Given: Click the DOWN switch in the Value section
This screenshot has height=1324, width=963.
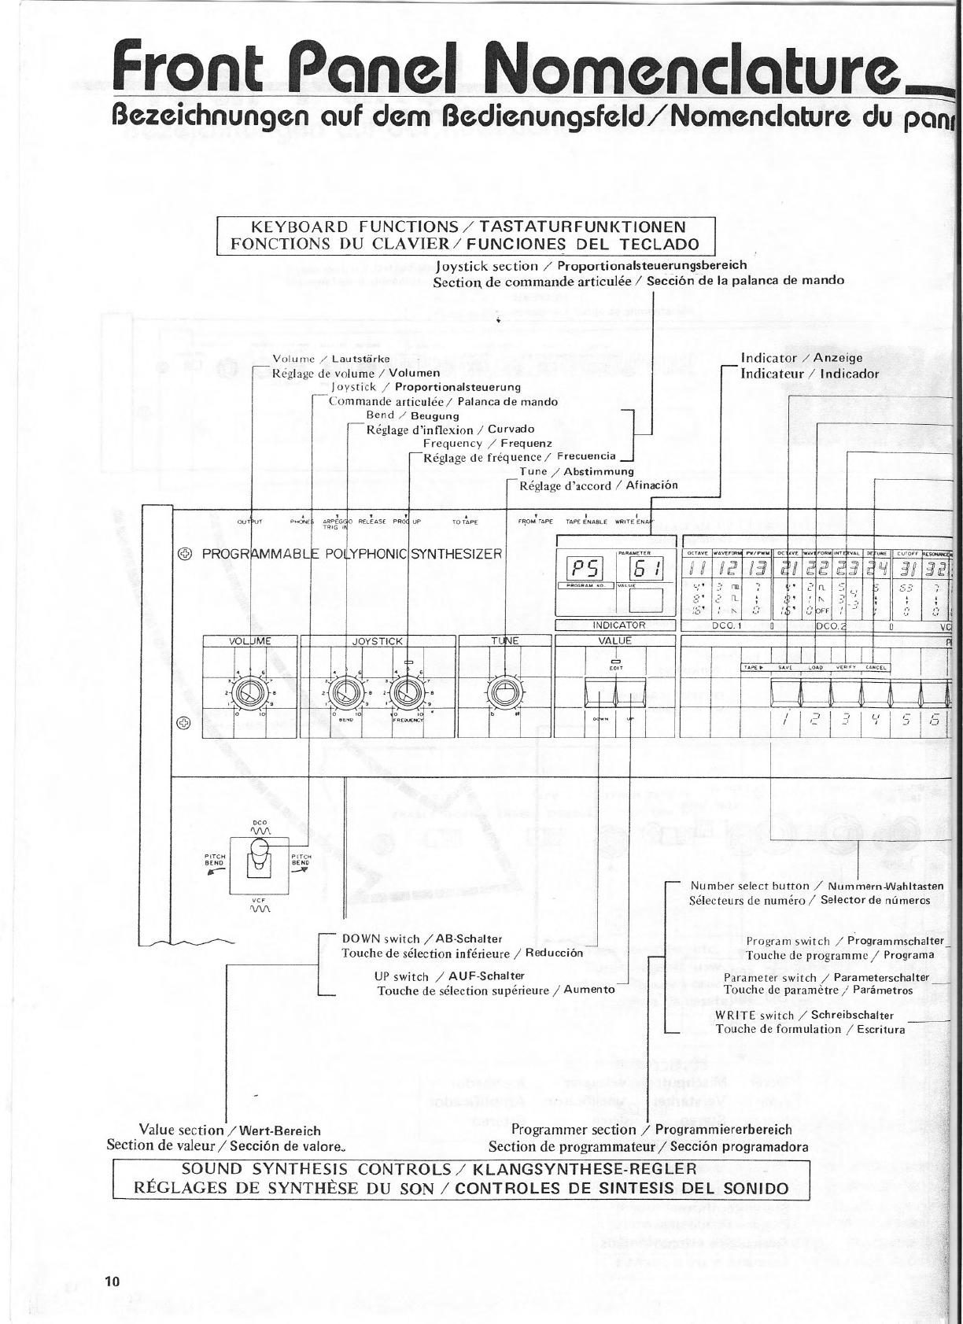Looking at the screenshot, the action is click(x=601, y=692).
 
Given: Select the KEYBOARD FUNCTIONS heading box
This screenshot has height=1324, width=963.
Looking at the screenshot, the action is click(x=465, y=235).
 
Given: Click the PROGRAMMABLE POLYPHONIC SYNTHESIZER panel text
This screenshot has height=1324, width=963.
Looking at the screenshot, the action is click(x=352, y=553).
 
